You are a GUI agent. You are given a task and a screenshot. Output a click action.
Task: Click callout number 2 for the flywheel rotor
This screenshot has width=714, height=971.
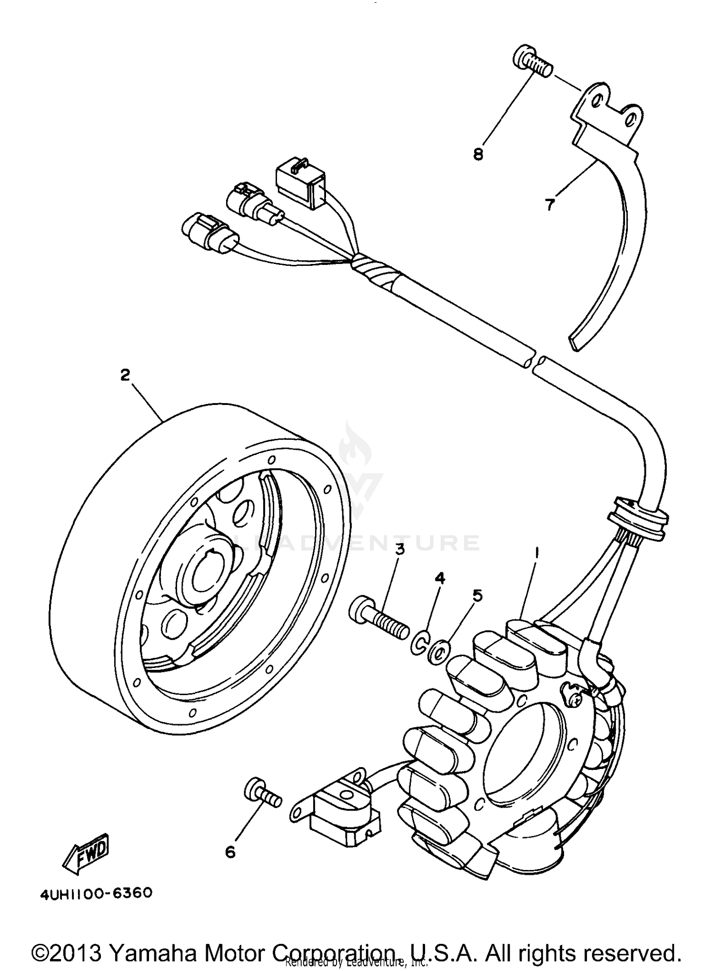pyautogui.click(x=125, y=376)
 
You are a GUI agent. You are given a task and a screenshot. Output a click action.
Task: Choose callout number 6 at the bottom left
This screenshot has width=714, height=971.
pyautogui.click(x=230, y=852)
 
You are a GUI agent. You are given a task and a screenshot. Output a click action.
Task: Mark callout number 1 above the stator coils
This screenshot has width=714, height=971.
pyautogui.click(x=537, y=554)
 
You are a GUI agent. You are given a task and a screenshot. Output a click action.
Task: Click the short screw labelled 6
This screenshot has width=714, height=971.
pyautogui.click(x=261, y=795)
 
